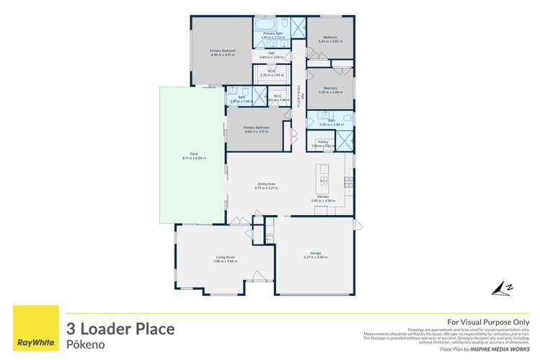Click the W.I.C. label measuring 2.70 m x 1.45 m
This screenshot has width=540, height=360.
click(x=272, y=73)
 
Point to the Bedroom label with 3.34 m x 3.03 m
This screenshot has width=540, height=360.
click(x=330, y=39)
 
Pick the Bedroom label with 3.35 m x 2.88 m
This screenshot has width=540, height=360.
click(x=330, y=91)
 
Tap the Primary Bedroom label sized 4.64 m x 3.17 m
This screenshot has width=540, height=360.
click(x=257, y=130)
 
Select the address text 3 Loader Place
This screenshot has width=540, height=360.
click(x=120, y=329)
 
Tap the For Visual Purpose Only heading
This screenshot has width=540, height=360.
click(x=489, y=322)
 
